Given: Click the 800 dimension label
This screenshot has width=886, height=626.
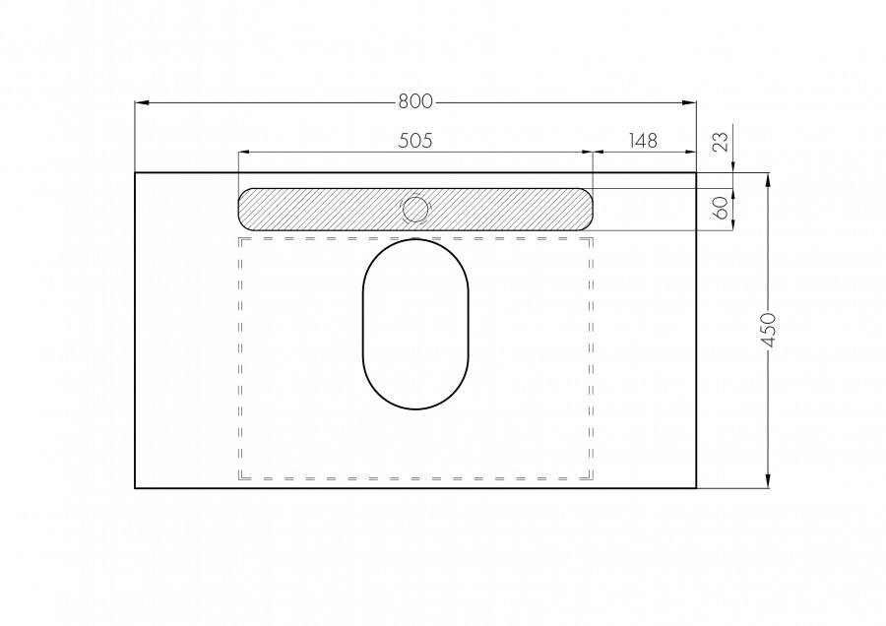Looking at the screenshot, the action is point(415,101).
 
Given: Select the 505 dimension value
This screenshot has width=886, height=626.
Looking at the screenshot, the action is point(415,140).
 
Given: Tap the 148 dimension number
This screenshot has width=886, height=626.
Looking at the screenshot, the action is point(643,140).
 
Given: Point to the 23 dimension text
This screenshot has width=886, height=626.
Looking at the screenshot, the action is point(720,142).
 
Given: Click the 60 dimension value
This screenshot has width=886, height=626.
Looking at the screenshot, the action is point(720,208).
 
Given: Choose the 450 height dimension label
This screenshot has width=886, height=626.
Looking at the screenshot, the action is point(769,331).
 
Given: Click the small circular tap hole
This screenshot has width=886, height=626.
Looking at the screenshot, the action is point(415,210).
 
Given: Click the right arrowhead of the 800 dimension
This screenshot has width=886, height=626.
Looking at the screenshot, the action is point(689,102).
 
